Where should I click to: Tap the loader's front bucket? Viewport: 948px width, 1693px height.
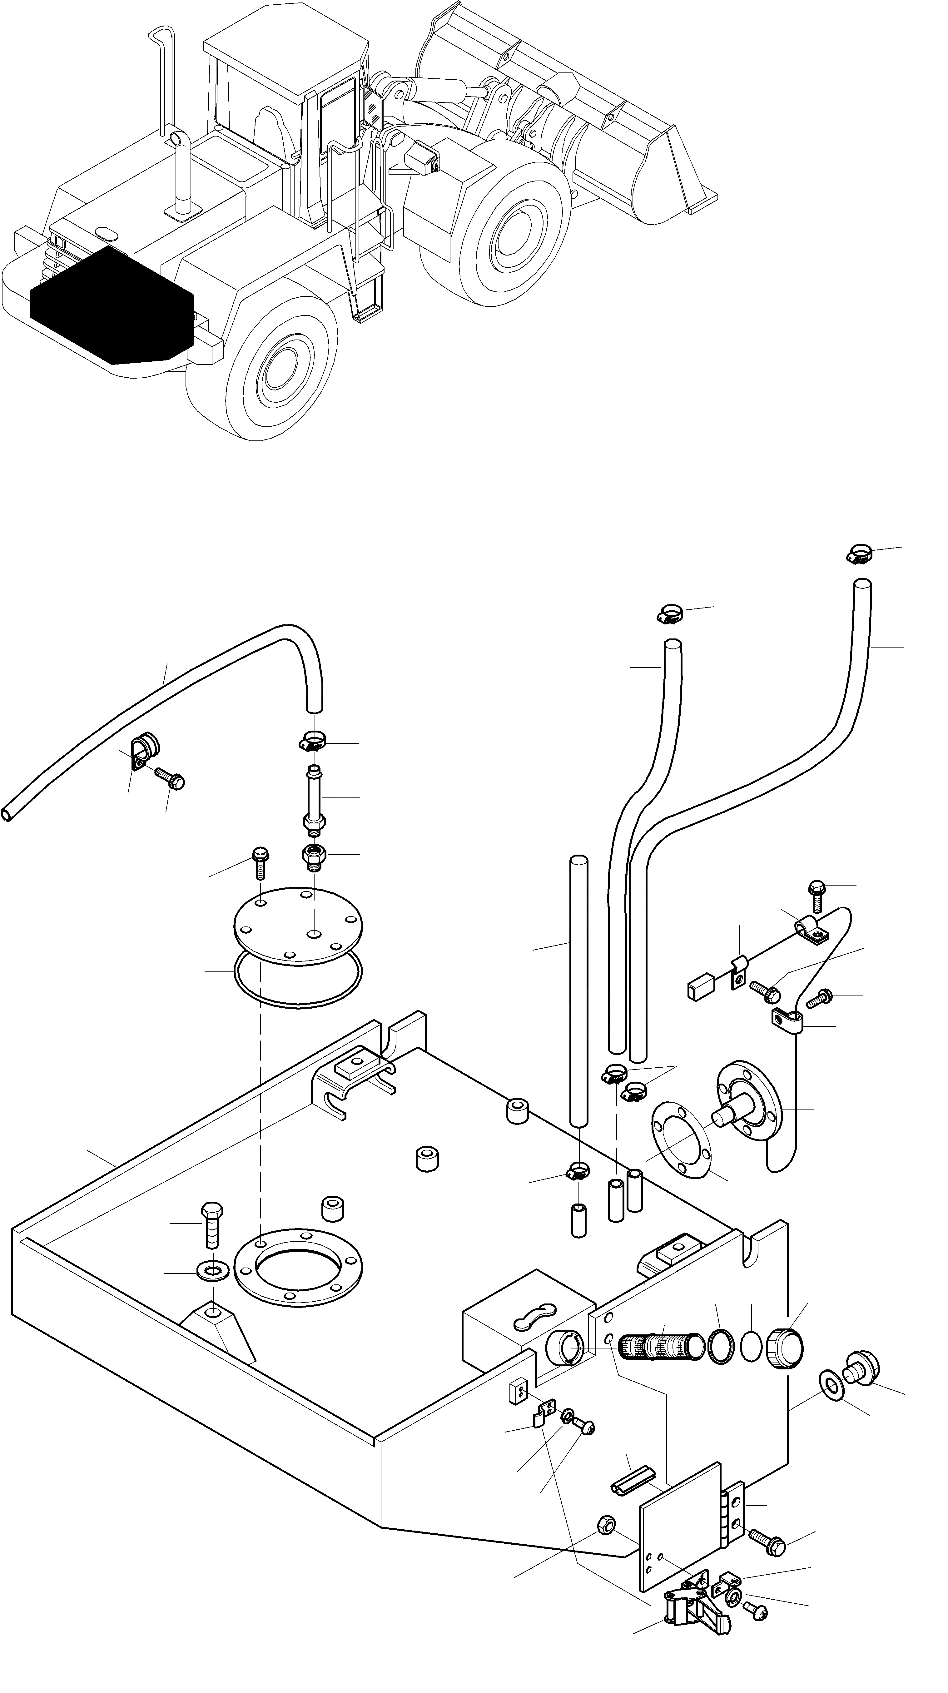tap(578, 125)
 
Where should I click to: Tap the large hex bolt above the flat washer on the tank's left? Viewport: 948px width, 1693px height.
tap(212, 1224)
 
